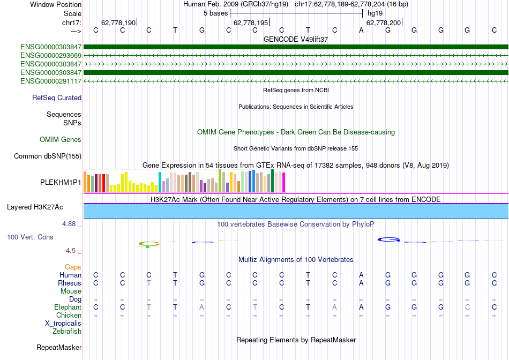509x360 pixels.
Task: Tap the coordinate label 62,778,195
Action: pyautogui.click(x=250, y=22)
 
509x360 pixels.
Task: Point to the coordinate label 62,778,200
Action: pyautogui.click(x=383, y=22)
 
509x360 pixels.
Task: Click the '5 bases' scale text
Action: pyautogui.click(x=216, y=13)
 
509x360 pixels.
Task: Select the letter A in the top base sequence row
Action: pyautogui.click(x=362, y=31)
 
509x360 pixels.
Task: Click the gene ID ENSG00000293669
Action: pyautogui.click(x=51, y=55)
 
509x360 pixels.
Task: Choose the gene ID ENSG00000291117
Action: pyautogui.click(x=51, y=81)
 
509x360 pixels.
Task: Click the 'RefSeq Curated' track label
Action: pyautogui.click(x=57, y=98)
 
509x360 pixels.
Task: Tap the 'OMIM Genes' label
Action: pyautogui.click(x=61, y=140)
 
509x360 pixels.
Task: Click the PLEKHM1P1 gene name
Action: pyautogui.click(x=61, y=182)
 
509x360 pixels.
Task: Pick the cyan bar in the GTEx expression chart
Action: pyautogui.click(x=160, y=182)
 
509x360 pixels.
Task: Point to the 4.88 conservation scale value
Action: pyautogui.click(x=72, y=224)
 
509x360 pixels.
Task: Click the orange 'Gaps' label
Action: pyautogui.click(x=73, y=267)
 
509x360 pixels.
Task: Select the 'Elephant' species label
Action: pyautogui.click(x=68, y=307)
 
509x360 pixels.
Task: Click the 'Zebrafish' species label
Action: pyautogui.click(x=67, y=332)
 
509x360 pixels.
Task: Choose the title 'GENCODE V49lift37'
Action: pyautogui.click(x=296, y=39)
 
